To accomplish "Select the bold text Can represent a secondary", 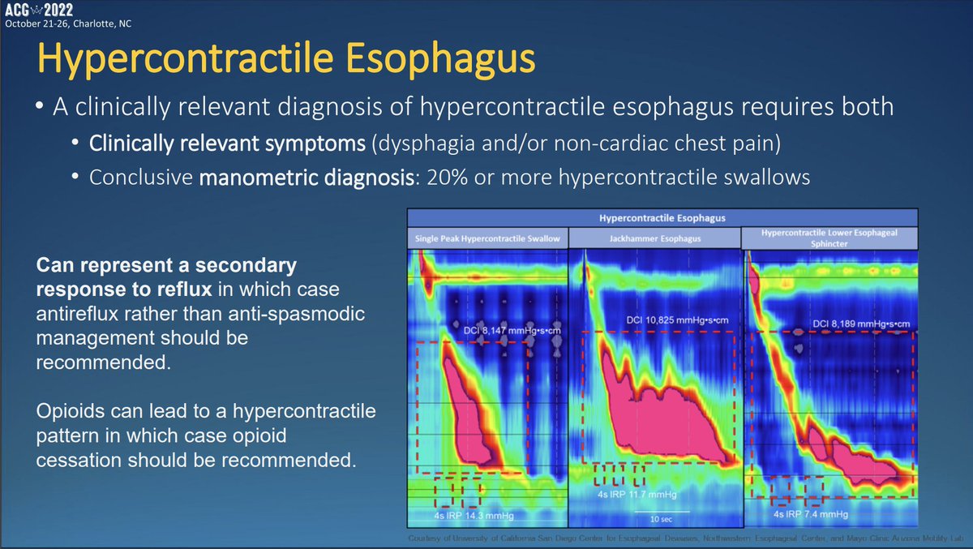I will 165,266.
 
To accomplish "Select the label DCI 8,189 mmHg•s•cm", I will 861,324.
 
